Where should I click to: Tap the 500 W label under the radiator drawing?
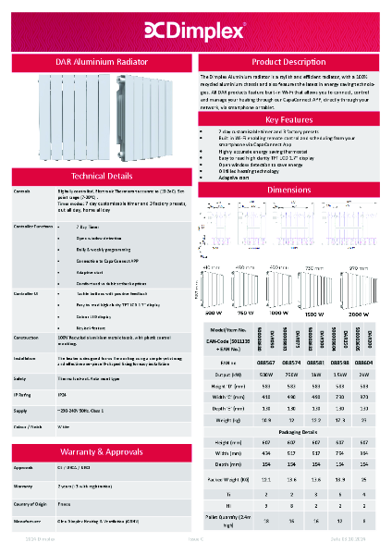pos(213,313)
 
